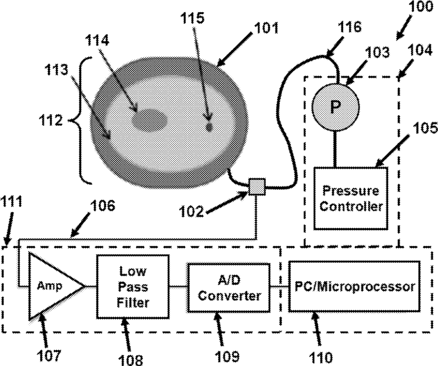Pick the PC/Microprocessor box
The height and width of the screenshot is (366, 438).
355,287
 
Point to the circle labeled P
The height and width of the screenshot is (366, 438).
335,107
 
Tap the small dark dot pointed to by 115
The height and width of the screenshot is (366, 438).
209,127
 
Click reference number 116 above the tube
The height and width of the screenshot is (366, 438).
349,26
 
